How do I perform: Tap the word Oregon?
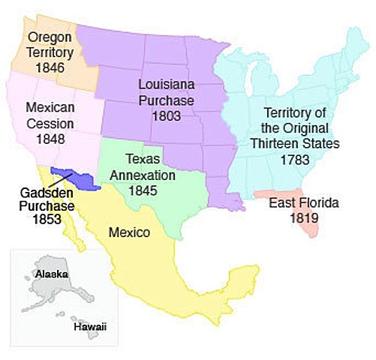[49, 37]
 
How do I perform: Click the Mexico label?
[129, 232]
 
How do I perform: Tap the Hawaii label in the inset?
[88, 327]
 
